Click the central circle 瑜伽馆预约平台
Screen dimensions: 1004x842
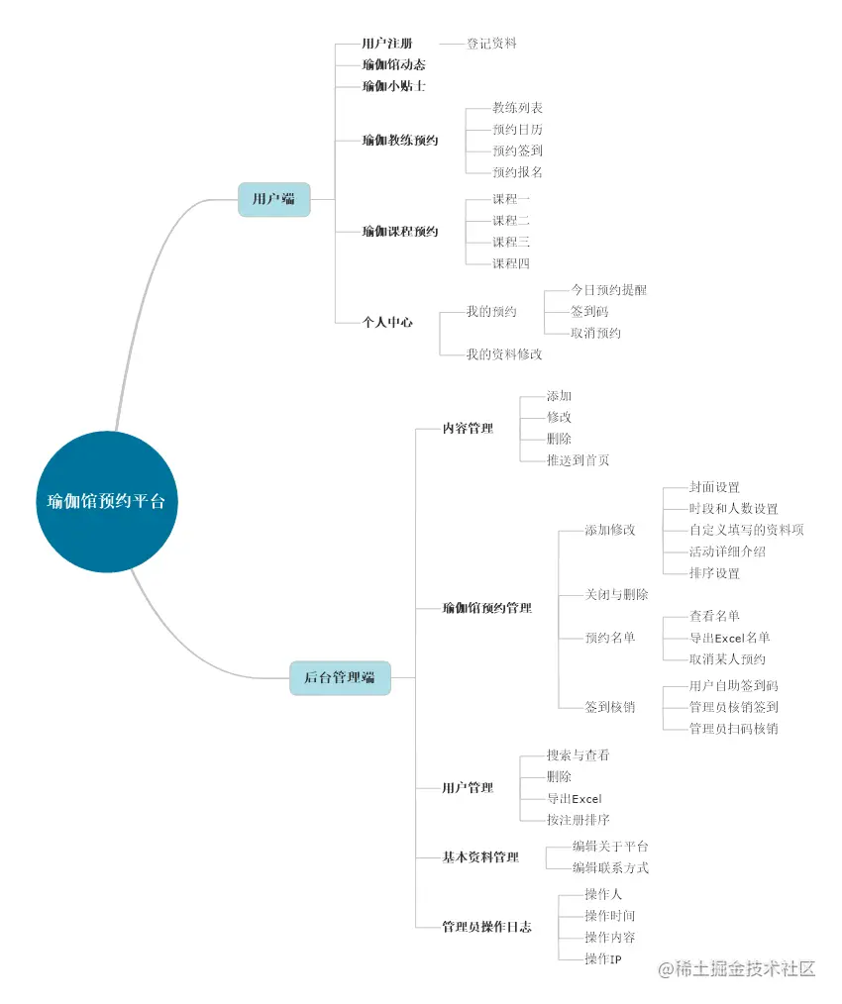click(106, 501)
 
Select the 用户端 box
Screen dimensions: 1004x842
click(273, 199)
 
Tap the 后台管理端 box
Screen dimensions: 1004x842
click(339, 678)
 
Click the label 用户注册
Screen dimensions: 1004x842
click(387, 44)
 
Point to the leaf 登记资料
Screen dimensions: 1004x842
click(491, 44)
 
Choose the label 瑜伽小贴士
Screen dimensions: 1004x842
click(394, 86)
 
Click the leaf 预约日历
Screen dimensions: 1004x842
click(517, 130)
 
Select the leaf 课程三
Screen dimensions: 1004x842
click(511, 242)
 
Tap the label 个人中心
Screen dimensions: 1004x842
click(387, 322)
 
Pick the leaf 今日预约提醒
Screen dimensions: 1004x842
click(608, 290)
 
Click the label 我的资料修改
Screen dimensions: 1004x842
click(504, 353)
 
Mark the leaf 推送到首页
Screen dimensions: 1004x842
click(578, 459)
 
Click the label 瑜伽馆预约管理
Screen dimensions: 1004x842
click(486, 607)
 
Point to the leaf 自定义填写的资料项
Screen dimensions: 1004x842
click(746, 530)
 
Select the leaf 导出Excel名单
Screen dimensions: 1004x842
click(729, 638)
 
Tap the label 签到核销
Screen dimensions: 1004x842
click(610, 707)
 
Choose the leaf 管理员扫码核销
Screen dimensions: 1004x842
click(733, 729)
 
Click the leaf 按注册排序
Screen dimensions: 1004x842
click(578, 820)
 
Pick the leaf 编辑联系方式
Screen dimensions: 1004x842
click(610, 867)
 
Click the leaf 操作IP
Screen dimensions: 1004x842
click(602, 959)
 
